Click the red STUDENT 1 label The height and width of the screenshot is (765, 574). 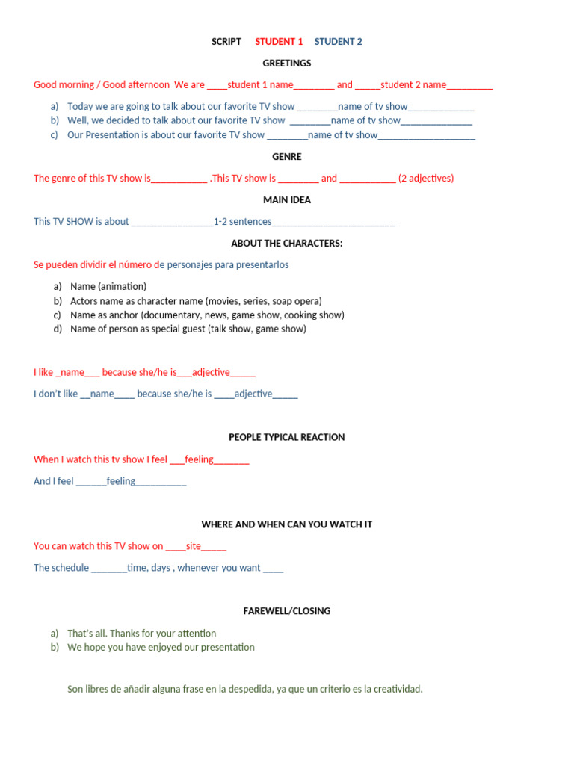[x=279, y=42]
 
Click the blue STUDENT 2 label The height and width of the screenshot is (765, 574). [x=338, y=42]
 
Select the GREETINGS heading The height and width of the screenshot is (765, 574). [x=287, y=64]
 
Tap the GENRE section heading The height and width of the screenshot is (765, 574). [x=287, y=157]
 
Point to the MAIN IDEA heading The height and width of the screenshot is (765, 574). [x=287, y=200]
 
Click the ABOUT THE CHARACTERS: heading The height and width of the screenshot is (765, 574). [x=287, y=244]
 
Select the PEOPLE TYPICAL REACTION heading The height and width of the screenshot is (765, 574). [x=287, y=437]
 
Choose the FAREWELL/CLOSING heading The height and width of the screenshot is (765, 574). [x=287, y=611]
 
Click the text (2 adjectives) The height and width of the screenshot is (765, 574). [x=426, y=179]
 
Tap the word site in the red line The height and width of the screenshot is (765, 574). [x=194, y=546]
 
